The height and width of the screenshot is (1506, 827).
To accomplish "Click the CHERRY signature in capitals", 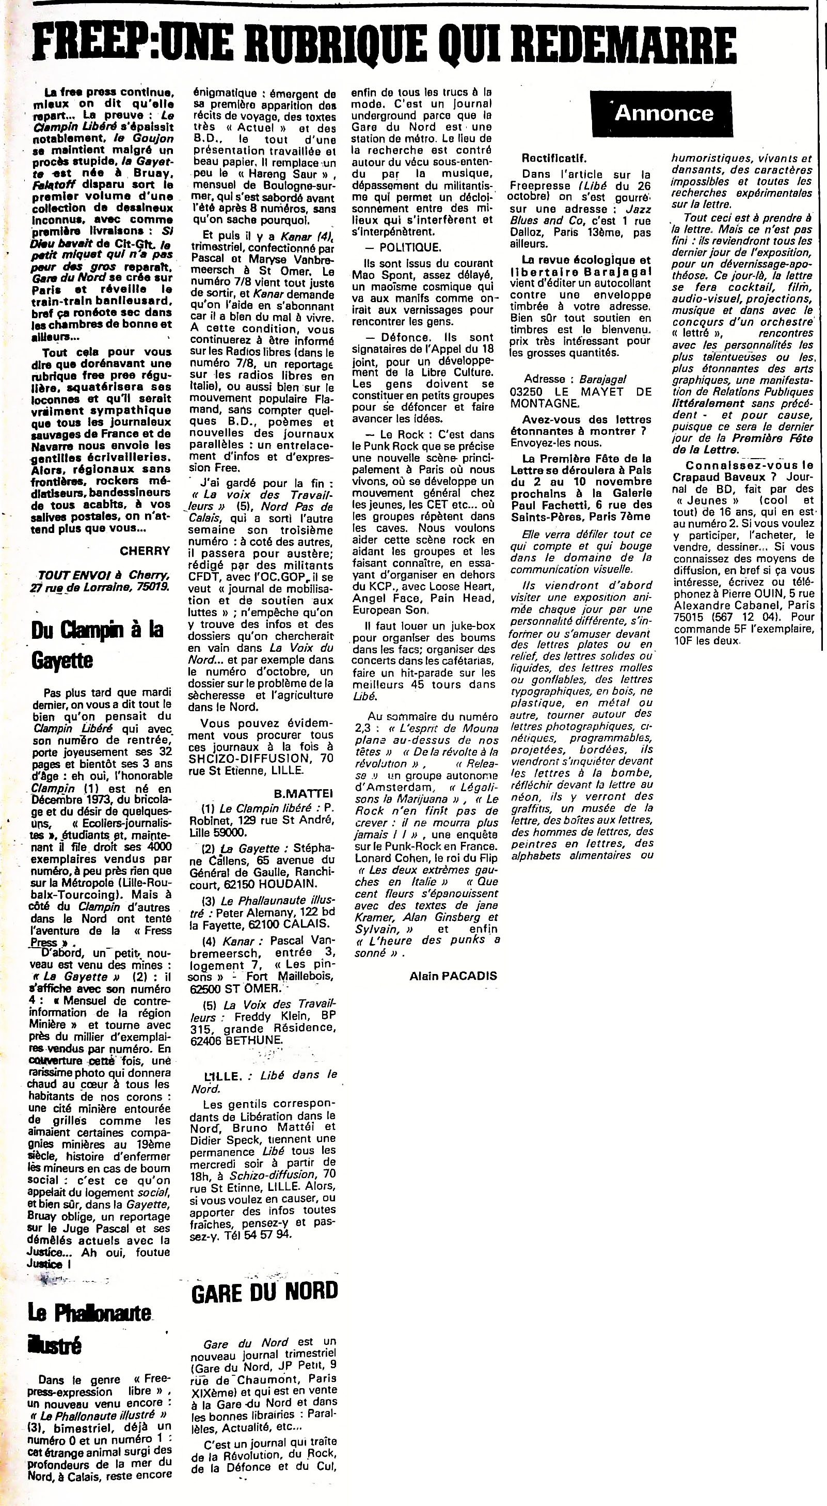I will tap(145, 551).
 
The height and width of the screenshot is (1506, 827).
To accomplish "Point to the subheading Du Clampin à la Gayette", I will tap(97, 645).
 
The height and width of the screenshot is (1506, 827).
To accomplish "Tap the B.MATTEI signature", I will tap(303, 793).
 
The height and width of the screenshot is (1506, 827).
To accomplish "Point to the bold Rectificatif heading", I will tap(554, 159).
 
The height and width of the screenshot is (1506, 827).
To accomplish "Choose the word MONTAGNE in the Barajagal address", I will tap(544, 403).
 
